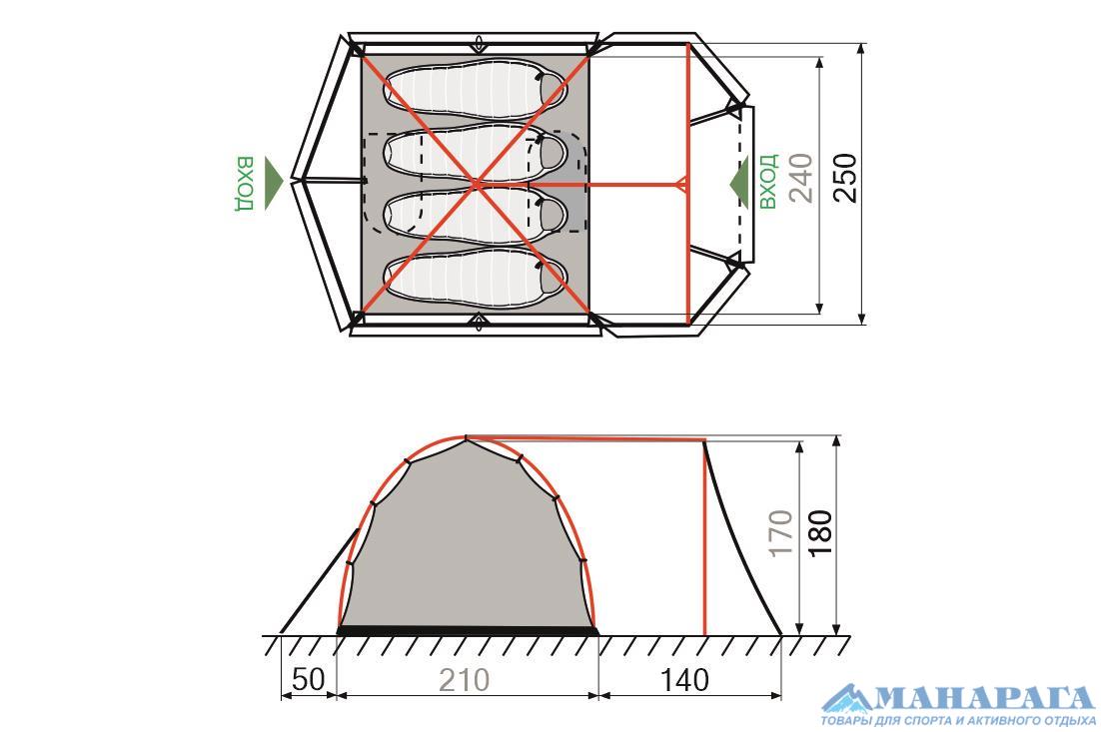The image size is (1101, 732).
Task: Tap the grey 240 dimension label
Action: (x=801, y=178)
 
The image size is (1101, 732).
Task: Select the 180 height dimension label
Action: (x=820, y=533)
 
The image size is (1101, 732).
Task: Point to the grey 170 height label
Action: (x=780, y=533)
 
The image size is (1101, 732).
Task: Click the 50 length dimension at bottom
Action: (x=309, y=679)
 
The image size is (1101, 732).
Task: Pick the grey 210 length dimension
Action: (x=465, y=679)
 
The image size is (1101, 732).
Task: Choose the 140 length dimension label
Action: (x=685, y=679)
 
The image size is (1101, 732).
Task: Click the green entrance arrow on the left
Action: (x=274, y=183)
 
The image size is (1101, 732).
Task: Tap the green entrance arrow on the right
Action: (x=739, y=183)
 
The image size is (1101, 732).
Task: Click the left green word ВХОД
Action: (x=245, y=184)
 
